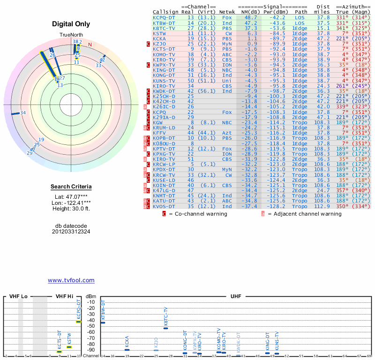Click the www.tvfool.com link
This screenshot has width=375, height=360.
[x=71, y=280]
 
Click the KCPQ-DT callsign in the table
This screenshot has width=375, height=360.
[x=164, y=17]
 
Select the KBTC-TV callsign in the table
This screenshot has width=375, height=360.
[x=164, y=28]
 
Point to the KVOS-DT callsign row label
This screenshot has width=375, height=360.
[x=164, y=206]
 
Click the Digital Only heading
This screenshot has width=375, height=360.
[x=71, y=24]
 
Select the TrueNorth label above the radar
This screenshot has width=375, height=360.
[x=70, y=36]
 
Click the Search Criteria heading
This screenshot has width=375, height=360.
[x=71, y=187]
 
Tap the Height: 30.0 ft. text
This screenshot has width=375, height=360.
[x=71, y=209]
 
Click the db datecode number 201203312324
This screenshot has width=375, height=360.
[x=71, y=231]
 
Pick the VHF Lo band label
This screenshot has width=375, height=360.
[x=18, y=296]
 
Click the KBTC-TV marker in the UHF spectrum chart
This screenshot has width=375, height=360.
[x=165, y=328]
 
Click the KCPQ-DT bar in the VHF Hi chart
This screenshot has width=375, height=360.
[x=79, y=322]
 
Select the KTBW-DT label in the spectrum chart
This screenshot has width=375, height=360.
[x=103, y=311]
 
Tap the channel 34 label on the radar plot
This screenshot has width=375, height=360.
[x=22, y=112]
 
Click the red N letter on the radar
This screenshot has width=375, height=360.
[x=90, y=45]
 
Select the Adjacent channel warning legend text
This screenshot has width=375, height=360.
[x=304, y=214]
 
